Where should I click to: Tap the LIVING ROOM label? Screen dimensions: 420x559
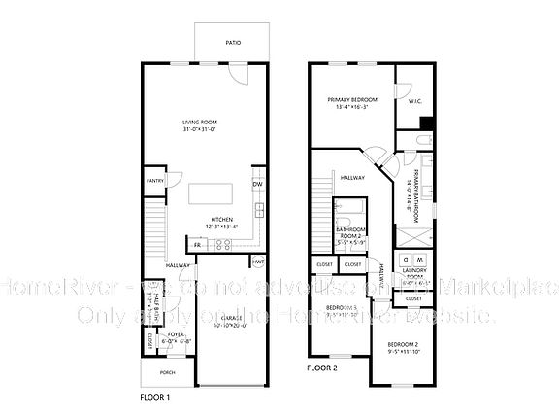(199, 122)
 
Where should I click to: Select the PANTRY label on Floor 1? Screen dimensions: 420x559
(153, 180)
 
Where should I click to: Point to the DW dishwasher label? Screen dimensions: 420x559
(257, 184)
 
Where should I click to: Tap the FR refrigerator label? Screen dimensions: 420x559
(197, 245)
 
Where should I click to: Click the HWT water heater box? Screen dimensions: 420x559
(258, 262)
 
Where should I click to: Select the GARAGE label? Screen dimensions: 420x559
(231, 318)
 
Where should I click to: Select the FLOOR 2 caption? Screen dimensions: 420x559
(322, 368)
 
